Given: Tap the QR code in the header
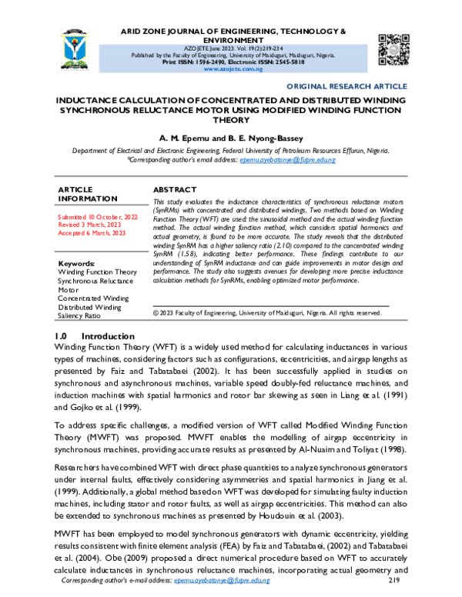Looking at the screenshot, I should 393,47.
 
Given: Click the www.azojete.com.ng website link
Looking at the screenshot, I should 231,68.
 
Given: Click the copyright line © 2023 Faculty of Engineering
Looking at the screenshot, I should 266,313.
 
